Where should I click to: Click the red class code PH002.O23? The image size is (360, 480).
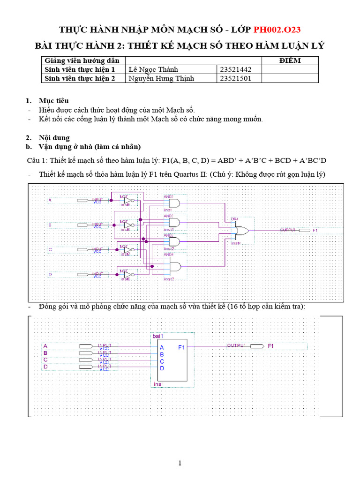(277, 30)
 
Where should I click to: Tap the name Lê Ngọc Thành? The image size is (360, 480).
(153, 69)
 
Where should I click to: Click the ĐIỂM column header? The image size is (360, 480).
(290, 60)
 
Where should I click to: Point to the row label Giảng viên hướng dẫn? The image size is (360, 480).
(82, 60)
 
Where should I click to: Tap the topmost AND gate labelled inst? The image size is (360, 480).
(174, 203)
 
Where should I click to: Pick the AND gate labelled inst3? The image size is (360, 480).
(174, 267)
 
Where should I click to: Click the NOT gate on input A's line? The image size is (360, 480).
(128, 201)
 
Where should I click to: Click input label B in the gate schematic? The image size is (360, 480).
(50, 225)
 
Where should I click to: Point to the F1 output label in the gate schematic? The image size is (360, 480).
(315, 231)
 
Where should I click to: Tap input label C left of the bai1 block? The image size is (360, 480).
(45, 360)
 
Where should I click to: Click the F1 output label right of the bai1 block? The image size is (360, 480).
(270, 346)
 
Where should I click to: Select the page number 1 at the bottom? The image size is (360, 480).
(180, 464)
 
